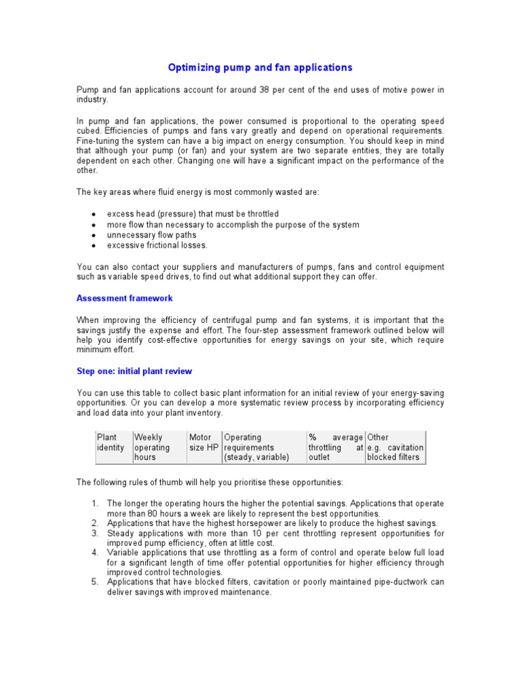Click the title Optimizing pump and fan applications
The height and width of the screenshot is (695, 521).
point(260,67)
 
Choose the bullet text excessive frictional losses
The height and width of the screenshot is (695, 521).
point(157,245)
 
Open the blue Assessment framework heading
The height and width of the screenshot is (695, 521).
point(124,298)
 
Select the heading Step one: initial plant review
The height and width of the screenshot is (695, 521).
point(134,371)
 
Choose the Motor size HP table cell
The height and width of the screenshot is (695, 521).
point(203,443)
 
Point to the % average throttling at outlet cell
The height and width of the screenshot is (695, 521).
point(335,447)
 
